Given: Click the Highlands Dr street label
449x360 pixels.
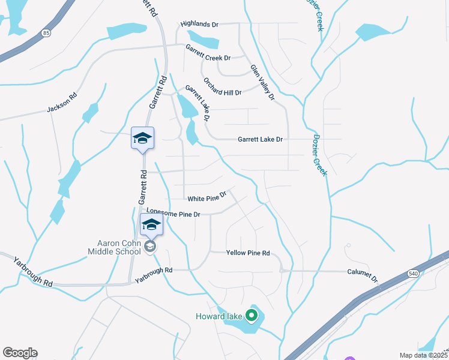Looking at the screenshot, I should coord(200,24).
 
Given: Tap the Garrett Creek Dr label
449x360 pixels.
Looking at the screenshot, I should coord(208,53).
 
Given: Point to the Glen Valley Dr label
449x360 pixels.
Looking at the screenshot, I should coord(262,82).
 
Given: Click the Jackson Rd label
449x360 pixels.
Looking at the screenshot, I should coord(62,103).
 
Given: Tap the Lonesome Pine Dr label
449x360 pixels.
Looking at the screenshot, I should coord(172,213).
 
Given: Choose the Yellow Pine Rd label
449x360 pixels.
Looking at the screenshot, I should coord(248,253).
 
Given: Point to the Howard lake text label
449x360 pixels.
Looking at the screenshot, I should coord(219,316).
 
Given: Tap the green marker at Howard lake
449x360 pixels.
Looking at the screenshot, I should coord(252,314).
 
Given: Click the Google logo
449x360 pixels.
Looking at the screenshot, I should coord(20,353).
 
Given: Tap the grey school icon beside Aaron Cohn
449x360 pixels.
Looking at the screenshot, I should coord(149,246).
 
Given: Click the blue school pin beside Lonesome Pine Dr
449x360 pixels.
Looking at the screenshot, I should coord(151,226).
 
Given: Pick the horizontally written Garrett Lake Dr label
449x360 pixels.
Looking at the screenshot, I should coord(260,139).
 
